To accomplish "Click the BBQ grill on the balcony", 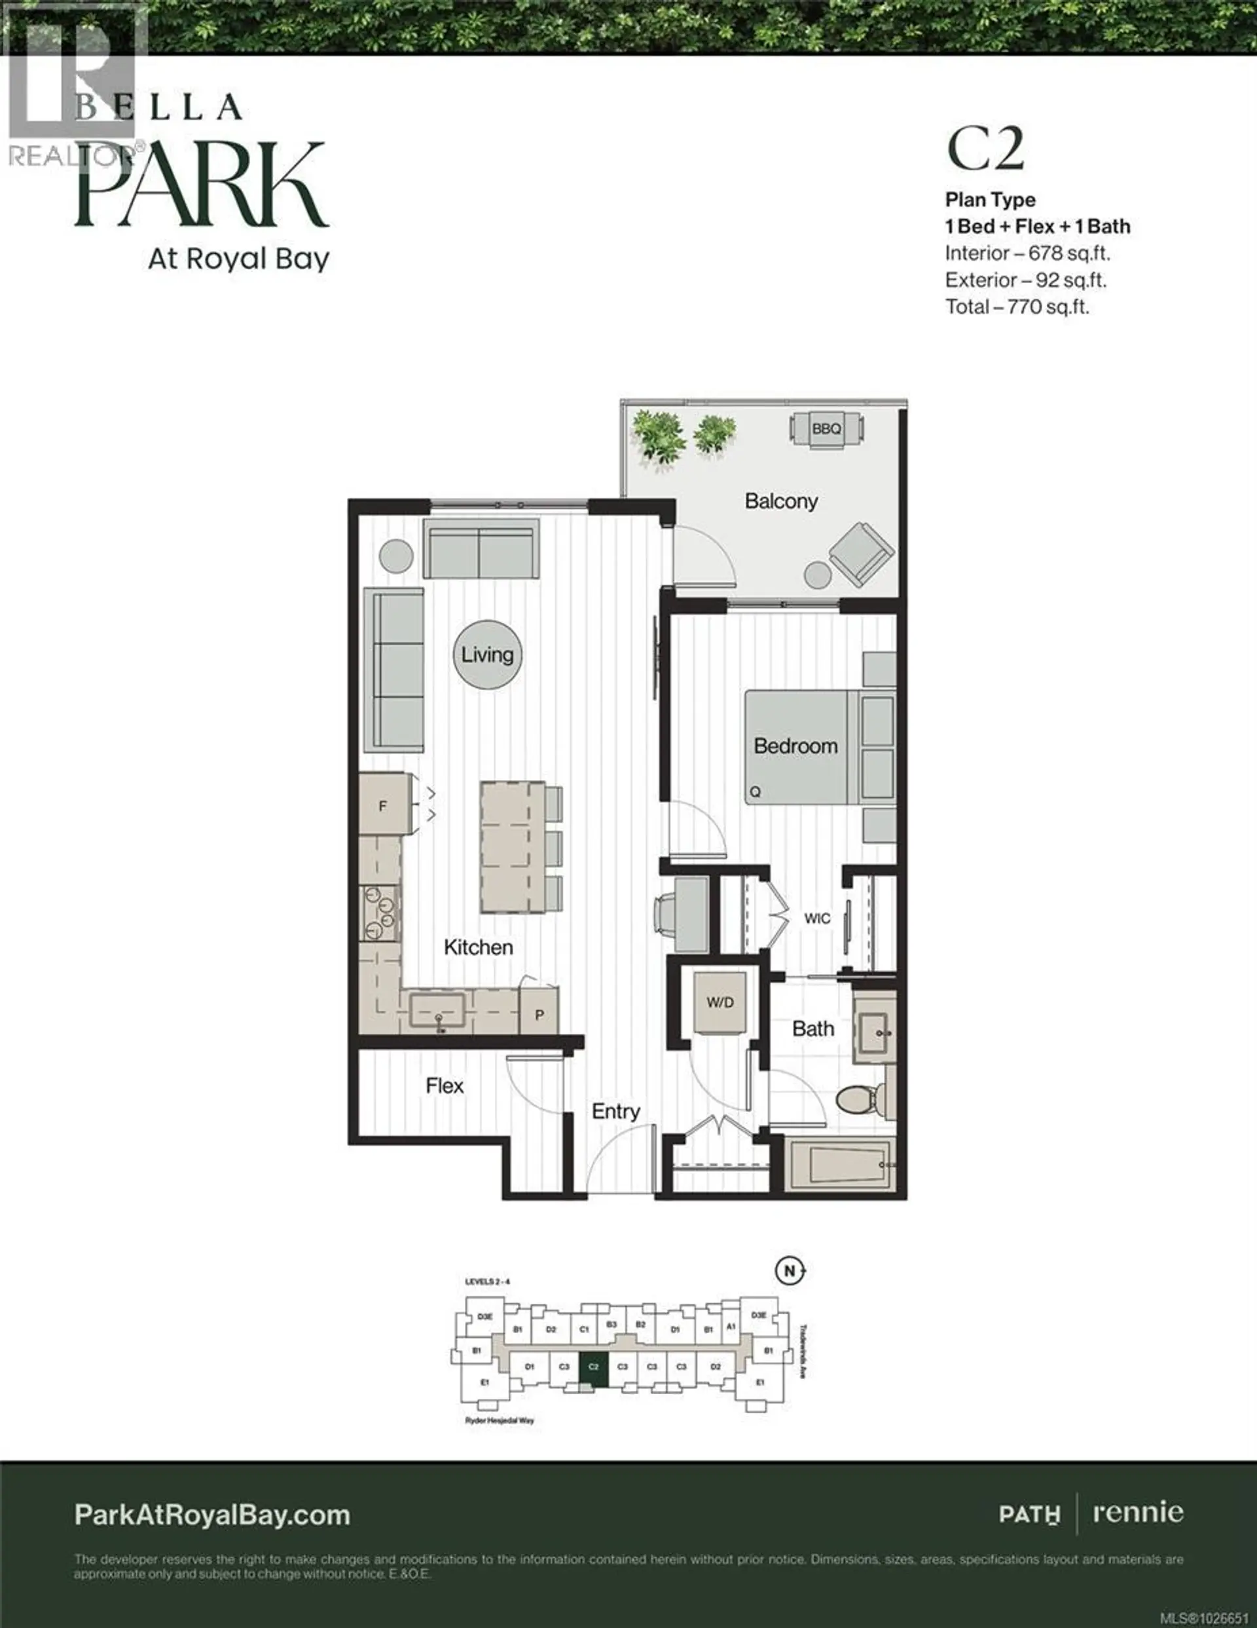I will (x=826, y=429).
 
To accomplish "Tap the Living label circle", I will (x=487, y=654).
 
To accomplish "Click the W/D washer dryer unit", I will (x=720, y=1002).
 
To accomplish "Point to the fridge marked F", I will (x=383, y=805).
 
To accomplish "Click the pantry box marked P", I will (x=539, y=1015).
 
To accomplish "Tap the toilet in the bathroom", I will (x=865, y=1099).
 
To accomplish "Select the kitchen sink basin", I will (x=437, y=1012).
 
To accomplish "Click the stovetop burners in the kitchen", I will (x=381, y=914).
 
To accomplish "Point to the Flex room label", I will (x=445, y=1086).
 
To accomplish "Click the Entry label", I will (x=615, y=1111).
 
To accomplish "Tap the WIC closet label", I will (x=816, y=918).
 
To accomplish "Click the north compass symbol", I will (x=789, y=1271).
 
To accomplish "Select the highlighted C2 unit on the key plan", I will (x=594, y=1367).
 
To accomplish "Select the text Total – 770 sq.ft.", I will (x=1017, y=307).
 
